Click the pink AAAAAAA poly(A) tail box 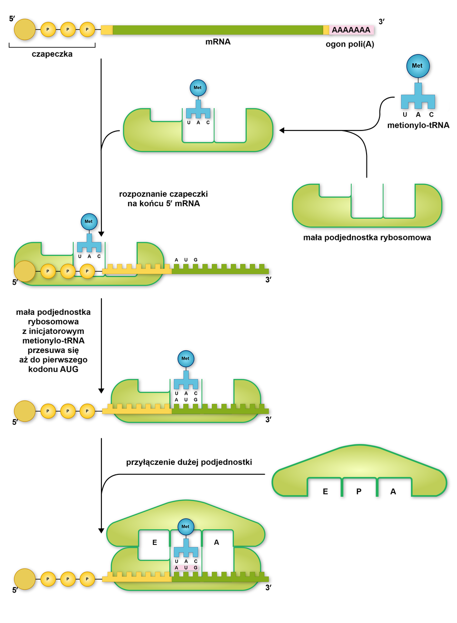click(351, 30)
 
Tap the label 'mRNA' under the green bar click(218, 42)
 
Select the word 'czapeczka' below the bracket click(52, 54)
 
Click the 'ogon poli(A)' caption click(350, 44)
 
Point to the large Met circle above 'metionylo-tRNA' click(417, 66)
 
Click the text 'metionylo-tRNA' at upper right click(418, 125)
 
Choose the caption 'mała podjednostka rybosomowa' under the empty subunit click(367, 238)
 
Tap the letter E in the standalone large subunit click(325, 492)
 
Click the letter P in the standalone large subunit click(359, 492)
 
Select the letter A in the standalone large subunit click(393, 492)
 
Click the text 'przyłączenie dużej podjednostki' click(189, 462)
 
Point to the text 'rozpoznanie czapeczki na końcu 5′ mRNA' click(163, 199)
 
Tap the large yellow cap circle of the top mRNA click(25, 30)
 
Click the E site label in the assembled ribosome click(155, 543)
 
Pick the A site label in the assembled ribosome click(217, 543)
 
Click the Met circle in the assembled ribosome click(186, 527)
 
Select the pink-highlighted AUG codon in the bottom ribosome click(186, 568)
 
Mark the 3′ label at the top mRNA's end click(381, 21)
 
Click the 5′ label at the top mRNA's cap click(12, 19)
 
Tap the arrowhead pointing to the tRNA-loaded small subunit click(282, 131)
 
